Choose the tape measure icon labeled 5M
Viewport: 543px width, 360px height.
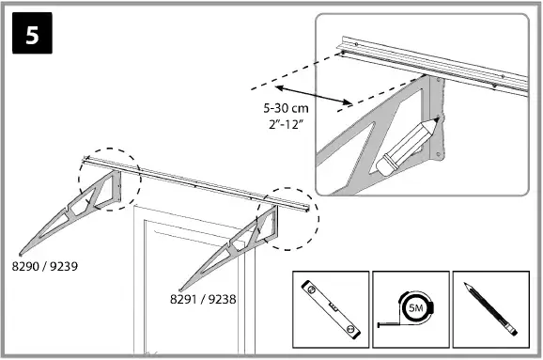click(410, 310)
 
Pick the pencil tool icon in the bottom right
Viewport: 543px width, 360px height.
click(489, 310)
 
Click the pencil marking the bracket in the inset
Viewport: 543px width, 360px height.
click(405, 149)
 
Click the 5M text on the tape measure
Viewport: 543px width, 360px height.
click(411, 307)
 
